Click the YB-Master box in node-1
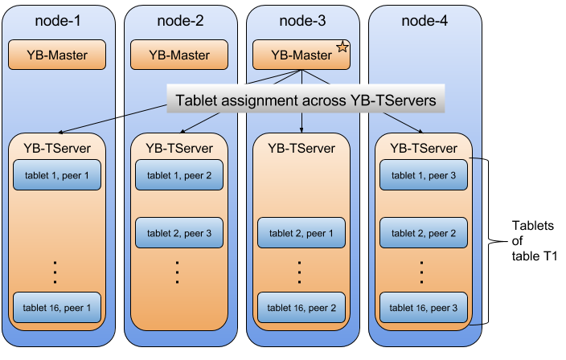(x=57, y=55)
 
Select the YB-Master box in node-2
(x=179, y=55)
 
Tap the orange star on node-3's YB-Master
(x=342, y=48)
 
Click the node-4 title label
(x=424, y=20)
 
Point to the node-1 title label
(x=57, y=20)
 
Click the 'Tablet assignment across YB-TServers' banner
(x=306, y=101)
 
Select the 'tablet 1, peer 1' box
(x=57, y=175)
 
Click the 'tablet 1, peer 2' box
(x=179, y=175)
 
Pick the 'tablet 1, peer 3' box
(x=424, y=175)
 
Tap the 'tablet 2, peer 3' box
(x=179, y=233)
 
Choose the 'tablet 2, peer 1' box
(x=301, y=233)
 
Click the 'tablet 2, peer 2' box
(x=424, y=233)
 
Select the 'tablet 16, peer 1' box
(x=57, y=307)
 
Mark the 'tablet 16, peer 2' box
(x=301, y=307)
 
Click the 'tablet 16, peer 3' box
(x=424, y=307)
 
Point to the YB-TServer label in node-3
(x=301, y=148)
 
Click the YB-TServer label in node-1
(x=57, y=148)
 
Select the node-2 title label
(x=179, y=20)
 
